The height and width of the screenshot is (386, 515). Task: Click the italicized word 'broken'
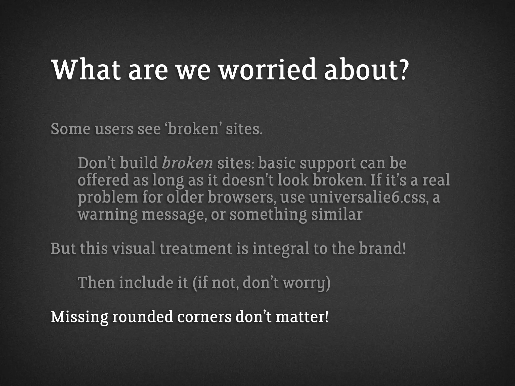coord(187,163)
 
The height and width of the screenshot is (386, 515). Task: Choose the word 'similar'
coord(337,215)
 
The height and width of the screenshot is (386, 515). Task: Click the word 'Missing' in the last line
coord(79,317)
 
